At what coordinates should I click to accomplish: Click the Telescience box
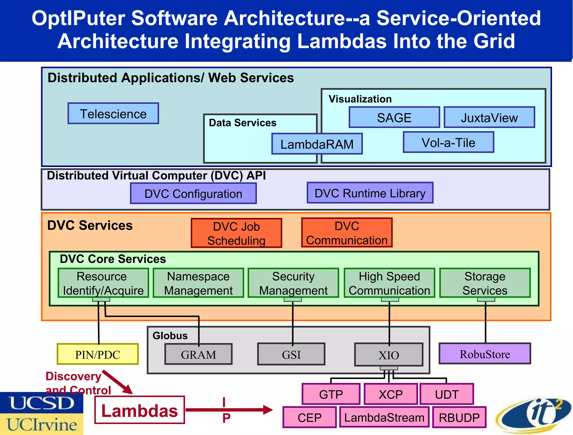113,113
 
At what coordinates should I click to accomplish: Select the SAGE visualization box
394,117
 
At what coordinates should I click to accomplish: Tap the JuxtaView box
489,117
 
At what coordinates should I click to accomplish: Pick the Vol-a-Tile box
448,142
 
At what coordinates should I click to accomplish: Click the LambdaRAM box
317,144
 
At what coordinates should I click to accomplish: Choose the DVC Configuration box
193,194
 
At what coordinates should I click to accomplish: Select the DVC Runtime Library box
370,193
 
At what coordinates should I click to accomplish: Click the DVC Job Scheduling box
236,233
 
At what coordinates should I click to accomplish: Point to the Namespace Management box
198,283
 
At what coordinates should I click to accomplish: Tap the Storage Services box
485,283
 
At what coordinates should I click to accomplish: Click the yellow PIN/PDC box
98,354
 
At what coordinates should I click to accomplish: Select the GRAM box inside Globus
198,354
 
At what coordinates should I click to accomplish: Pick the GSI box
291,354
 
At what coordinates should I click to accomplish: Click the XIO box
389,355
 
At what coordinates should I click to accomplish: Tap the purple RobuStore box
485,354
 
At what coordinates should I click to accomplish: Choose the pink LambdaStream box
384,417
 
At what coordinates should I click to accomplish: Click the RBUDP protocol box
459,417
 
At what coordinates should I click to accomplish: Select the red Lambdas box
140,410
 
